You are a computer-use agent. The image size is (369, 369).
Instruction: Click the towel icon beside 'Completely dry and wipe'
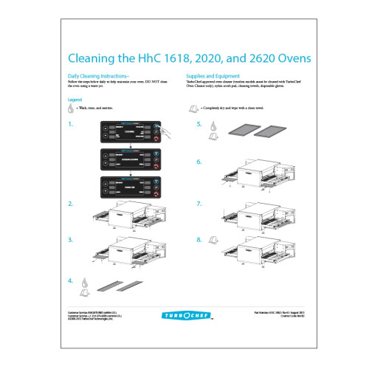coord(193,108)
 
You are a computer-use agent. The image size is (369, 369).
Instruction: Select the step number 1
coord(70,125)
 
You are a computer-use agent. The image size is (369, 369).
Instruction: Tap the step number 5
coord(199,125)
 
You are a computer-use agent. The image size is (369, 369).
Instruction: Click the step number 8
coord(199,240)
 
